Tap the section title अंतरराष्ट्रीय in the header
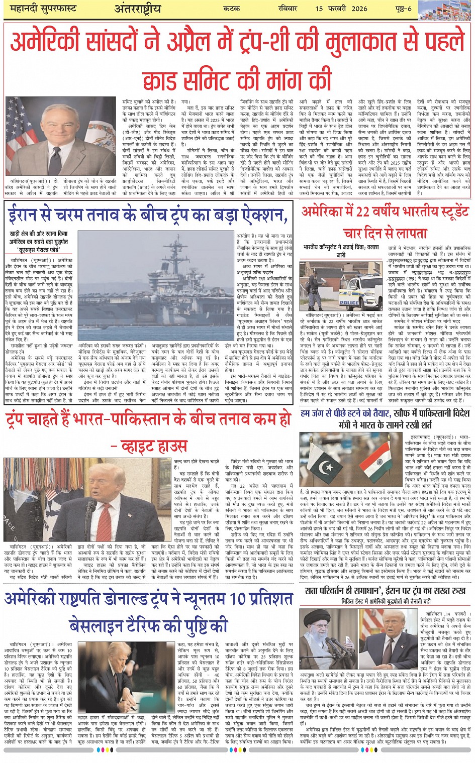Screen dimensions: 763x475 point(137,9)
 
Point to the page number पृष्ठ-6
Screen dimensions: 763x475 point(403,9)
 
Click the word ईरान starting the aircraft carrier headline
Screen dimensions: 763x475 point(25,215)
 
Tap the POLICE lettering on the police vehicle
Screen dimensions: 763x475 point(349,302)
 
